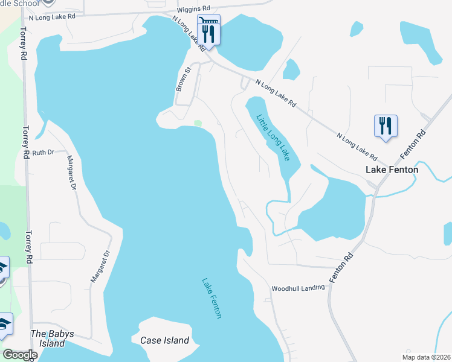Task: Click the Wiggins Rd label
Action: (193, 9)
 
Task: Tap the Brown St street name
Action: (183, 79)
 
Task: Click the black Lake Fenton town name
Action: (392, 170)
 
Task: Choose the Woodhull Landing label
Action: (298, 288)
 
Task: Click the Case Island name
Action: (164, 340)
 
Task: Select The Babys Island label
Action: (48, 338)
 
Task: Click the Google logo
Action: (19, 355)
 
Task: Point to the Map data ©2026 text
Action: (426, 357)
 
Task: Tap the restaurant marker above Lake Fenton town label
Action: (386, 127)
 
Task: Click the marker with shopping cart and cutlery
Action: (209, 30)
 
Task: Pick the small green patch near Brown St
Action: (198, 124)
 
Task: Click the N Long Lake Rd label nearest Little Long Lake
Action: (276, 94)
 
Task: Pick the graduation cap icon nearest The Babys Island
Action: (4, 325)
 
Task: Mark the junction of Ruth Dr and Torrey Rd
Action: (25, 153)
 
